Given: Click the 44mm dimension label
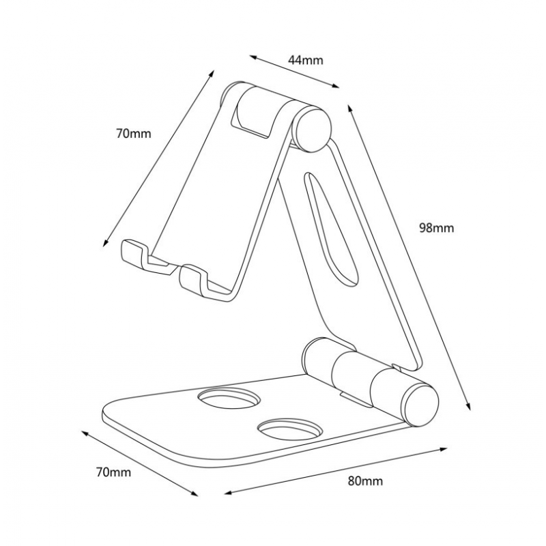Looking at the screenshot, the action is pyautogui.click(x=305, y=60).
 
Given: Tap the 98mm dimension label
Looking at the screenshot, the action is pyautogui.click(x=436, y=228).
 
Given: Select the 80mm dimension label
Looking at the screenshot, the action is pyautogui.click(x=365, y=481).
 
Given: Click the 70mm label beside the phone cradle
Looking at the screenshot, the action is pyautogui.click(x=134, y=133).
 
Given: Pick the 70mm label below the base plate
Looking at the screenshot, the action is pyautogui.click(x=114, y=472).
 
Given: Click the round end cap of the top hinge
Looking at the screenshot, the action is pyautogui.click(x=312, y=129).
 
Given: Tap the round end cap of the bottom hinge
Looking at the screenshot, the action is pyautogui.click(x=420, y=404).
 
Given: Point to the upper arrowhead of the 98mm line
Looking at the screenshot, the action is pyautogui.click(x=350, y=109).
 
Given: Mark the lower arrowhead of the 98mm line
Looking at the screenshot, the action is pyautogui.click(x=468, y=405).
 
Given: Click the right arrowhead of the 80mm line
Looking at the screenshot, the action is pyautogui.click(x=443, y=450).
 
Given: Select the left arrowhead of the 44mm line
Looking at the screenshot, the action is pyautogui.click(x=253, y=57).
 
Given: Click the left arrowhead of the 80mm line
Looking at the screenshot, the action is pyautogui.click(x=229, y=492).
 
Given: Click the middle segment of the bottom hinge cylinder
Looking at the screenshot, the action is pyautogui.click(x=352, y=373).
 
